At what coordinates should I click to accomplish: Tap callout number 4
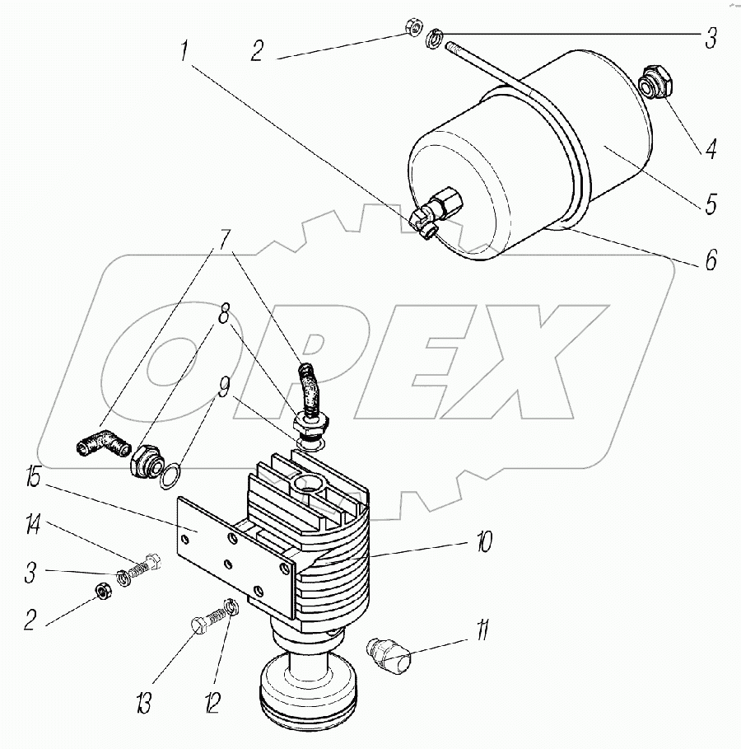[711, 149]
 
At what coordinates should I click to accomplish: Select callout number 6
[711, 260]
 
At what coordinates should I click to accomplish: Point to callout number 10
[484, 541]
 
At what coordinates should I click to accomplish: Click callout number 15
[32, 478]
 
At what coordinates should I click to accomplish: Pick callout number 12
[212, 703]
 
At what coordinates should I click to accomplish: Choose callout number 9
[223, 387]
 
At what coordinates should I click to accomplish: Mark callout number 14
[32, 526]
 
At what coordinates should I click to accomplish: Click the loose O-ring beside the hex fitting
[171, 475]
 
